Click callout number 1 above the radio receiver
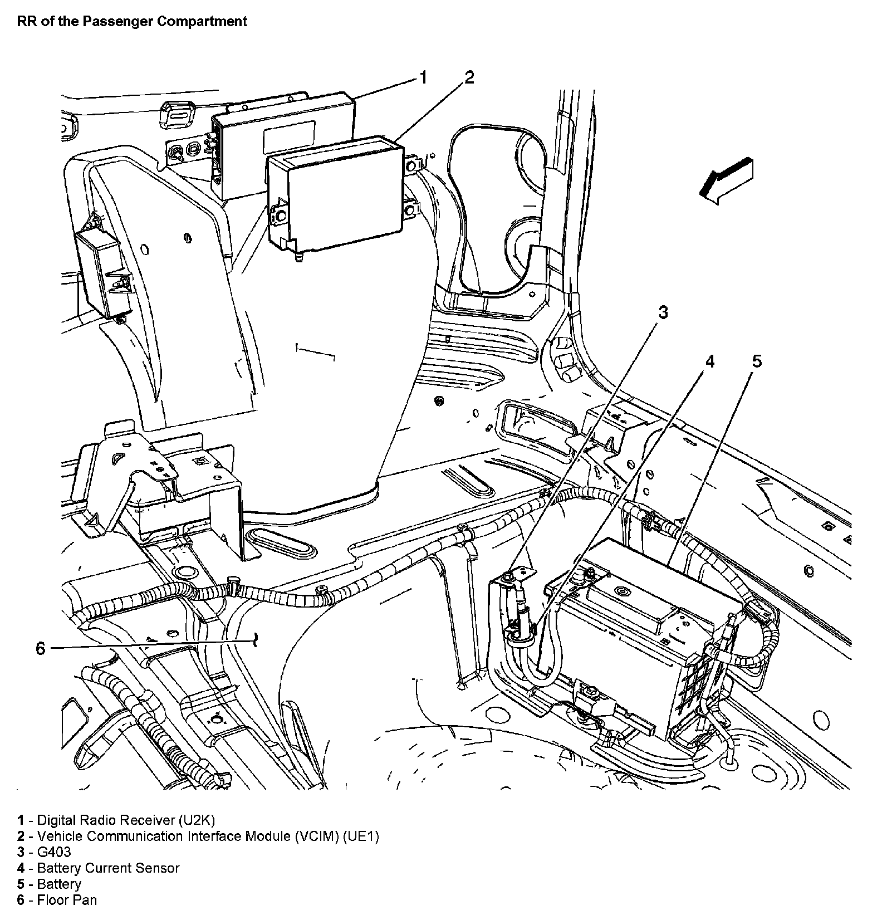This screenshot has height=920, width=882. pos(423,77)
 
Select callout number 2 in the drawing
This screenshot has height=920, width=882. pos(469,77)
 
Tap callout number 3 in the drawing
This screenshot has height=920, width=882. pos(663,313)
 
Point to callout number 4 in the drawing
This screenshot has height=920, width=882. pos(709,362)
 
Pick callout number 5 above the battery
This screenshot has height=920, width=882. pos(757,362)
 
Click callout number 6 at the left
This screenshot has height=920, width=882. pos(40,648)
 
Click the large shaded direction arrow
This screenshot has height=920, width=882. pos(726,180)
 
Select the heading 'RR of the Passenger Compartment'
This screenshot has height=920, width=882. pos(132,22)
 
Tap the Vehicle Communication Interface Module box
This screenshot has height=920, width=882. pos(334,192)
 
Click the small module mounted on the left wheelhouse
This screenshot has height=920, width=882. pos(103,273)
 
